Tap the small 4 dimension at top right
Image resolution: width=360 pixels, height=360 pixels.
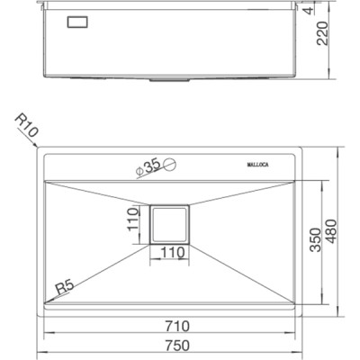pyautogui.click(x=334, y=10)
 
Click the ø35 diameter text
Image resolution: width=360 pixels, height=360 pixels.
pyautogui.click(x=149, y=164)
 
